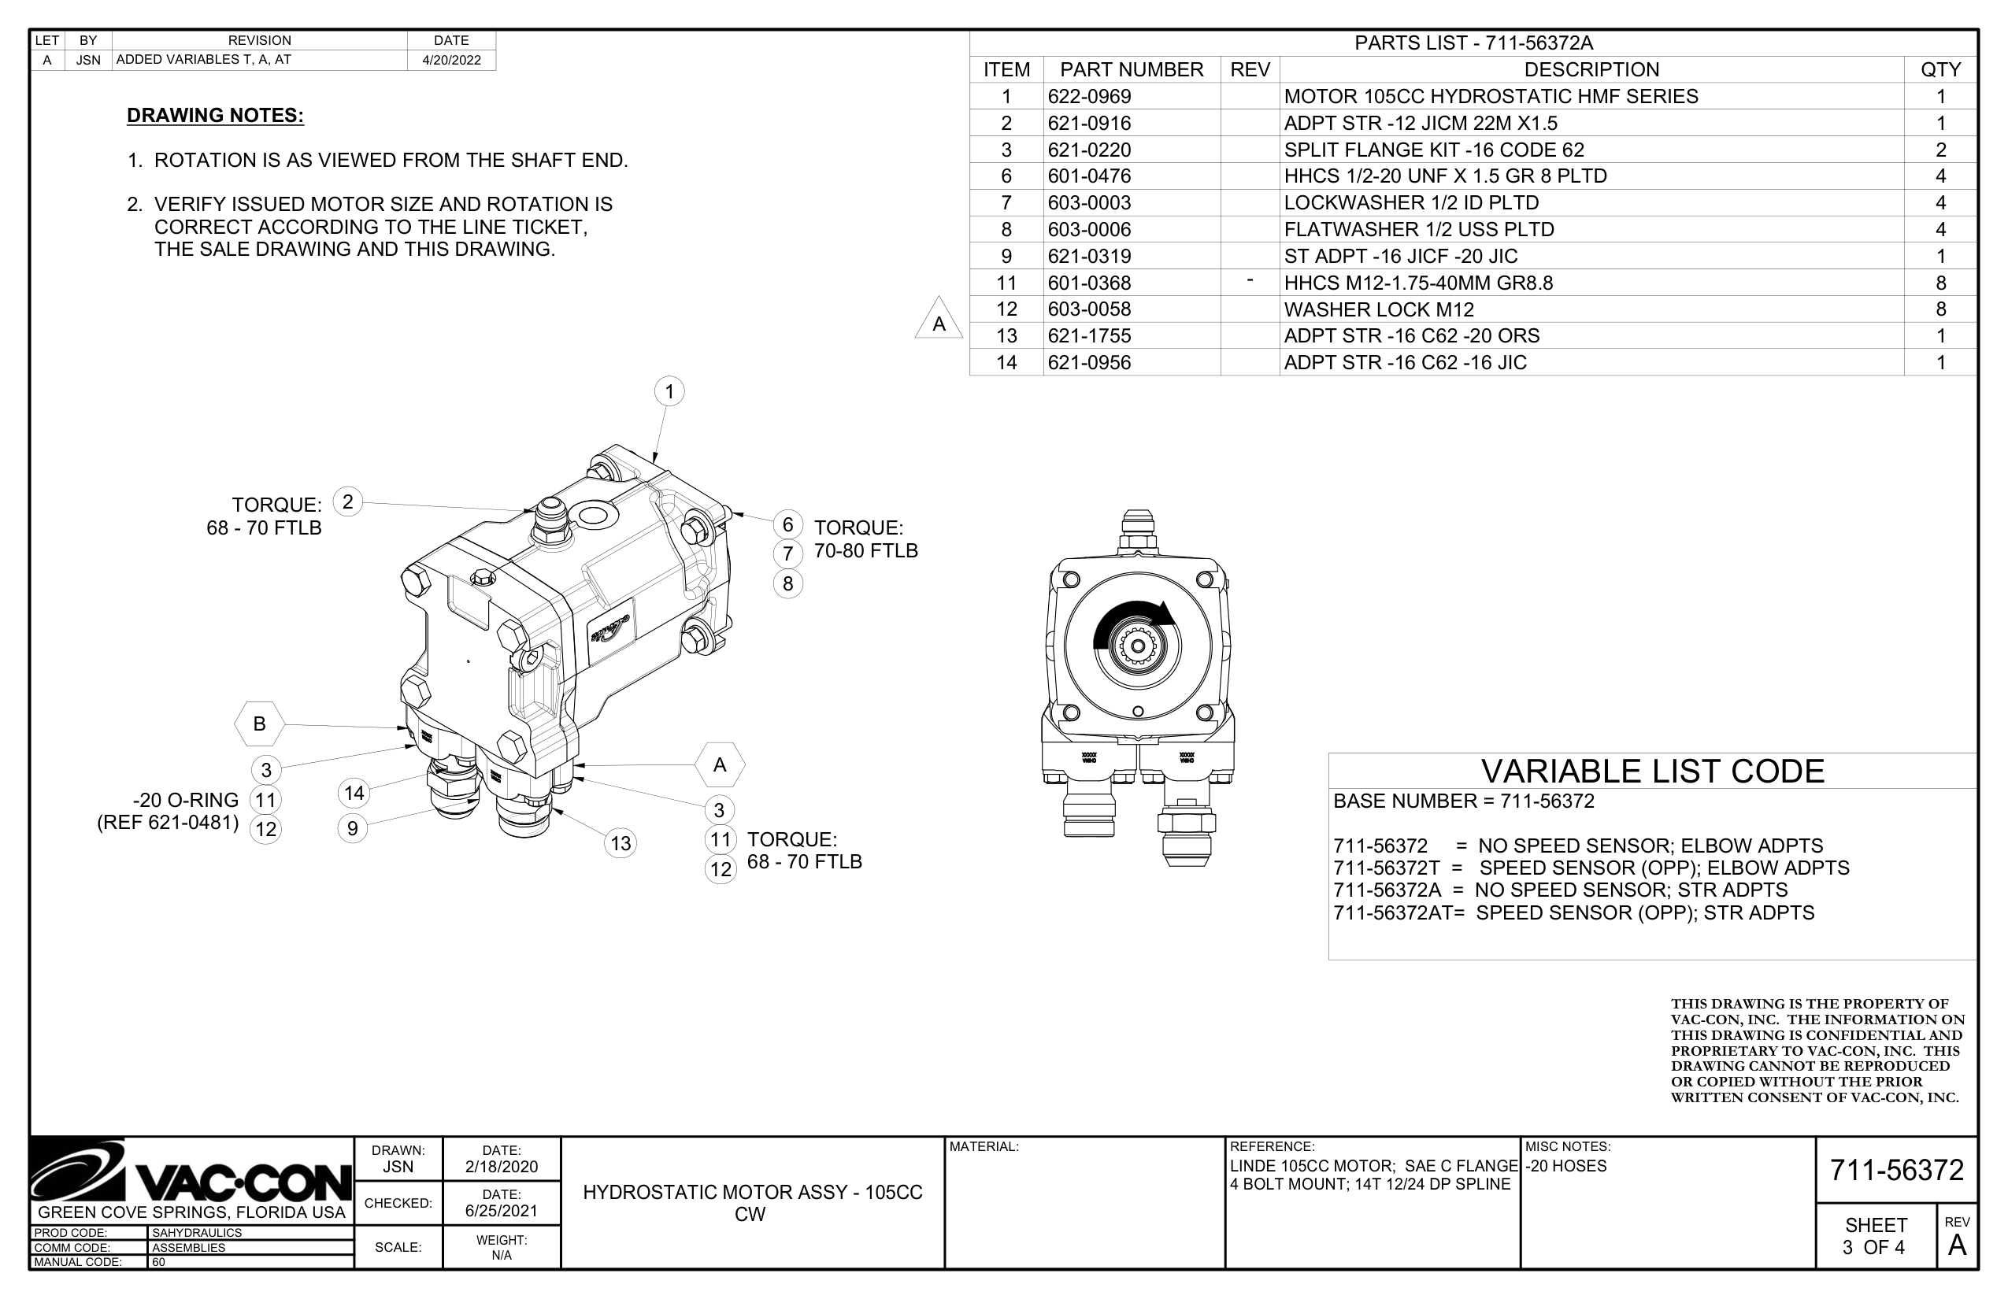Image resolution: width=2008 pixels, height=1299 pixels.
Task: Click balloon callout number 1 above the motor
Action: click(669, 391)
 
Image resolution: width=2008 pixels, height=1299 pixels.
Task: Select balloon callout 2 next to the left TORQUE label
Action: click(347, 502)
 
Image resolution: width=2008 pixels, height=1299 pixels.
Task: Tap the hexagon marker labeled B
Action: click(259, 724)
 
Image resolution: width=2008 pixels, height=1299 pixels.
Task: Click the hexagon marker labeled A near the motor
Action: click(720, 765)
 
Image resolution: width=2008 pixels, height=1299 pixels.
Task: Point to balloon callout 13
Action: click(621, 842)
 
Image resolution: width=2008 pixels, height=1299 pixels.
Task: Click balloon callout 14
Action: click(354, 793)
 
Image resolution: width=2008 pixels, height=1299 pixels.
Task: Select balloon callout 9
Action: click(353, 828)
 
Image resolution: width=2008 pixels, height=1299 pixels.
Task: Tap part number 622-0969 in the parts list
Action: click(1089, 96)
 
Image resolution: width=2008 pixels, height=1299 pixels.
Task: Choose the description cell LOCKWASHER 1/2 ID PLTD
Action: click(1410, 203)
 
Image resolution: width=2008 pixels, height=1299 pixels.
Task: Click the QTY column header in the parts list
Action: click(1940, 70)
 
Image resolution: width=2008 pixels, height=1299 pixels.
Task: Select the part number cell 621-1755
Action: click(1089, 335)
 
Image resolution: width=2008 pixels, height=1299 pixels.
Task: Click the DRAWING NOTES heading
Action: click(215, 116)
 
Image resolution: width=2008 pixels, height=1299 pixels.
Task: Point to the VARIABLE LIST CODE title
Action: click(1652, 772)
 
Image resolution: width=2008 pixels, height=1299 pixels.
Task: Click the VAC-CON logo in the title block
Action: click(191, 1172)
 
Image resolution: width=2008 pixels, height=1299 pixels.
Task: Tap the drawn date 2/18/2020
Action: click(501, 1168)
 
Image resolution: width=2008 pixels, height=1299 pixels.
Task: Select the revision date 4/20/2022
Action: click(451, 60)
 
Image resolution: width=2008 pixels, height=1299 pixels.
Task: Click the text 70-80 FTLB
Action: click(865, 551)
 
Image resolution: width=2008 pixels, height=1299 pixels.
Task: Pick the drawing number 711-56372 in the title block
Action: click(1897, 1171)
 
